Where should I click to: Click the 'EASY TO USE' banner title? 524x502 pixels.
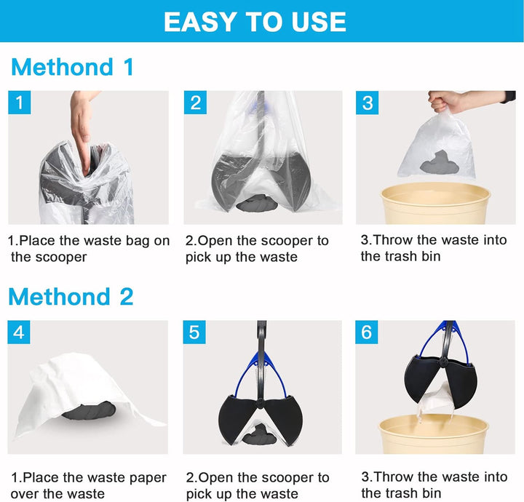(x=255, y=21)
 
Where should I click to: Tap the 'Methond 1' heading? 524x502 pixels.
(x=73, y=67)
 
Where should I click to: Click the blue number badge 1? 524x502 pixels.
(x=20, y=103)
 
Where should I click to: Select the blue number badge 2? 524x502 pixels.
(x=195, y=103)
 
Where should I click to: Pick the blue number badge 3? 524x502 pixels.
(x=368, y=103)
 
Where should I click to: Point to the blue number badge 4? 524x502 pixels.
(x=20, y=332)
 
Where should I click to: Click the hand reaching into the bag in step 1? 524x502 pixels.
(x=82, y=124)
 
